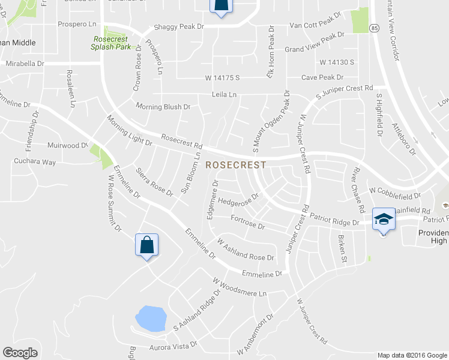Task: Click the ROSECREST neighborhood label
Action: pos(236,164)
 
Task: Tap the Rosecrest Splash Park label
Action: pos(110,43)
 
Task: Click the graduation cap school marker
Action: pos(384,220)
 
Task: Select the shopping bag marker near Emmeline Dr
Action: pos(147,245)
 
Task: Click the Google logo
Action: pos(20,353)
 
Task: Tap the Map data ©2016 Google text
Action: pos(411,355)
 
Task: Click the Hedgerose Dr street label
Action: pos(238,199)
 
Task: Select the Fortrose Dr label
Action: pos(247,223)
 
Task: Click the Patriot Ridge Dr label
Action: pos(330,222)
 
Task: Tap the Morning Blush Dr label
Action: pos(163,107)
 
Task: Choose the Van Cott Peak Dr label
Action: pos(315,26)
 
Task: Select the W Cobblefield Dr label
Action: pos(396,193)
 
